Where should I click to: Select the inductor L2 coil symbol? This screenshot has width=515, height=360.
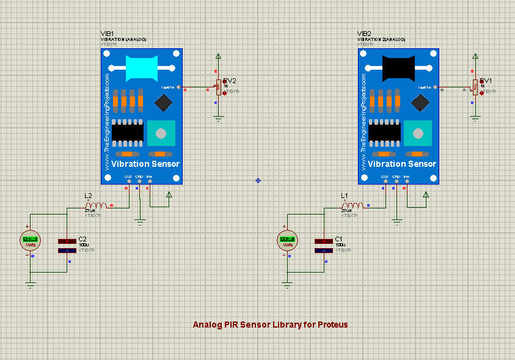97,206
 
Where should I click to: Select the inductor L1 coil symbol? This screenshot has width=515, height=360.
354,206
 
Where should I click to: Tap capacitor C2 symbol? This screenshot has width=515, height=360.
67,246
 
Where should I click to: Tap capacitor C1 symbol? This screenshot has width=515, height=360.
323,246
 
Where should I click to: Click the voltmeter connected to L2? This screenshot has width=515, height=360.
31,240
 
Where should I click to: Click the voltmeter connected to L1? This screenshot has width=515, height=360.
287,240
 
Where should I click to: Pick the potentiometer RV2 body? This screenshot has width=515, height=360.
218,87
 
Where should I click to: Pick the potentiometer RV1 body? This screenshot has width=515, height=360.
475,87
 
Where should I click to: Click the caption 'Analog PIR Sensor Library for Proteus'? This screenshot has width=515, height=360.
270,325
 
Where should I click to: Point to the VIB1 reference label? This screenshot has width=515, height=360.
108,34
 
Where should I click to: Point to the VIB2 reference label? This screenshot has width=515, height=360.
364,34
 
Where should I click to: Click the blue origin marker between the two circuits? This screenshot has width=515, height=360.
258,180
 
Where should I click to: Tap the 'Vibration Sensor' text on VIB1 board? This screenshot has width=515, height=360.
145,164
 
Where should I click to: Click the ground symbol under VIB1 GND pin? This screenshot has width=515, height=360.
141,221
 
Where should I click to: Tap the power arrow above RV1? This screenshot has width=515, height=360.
475,57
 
